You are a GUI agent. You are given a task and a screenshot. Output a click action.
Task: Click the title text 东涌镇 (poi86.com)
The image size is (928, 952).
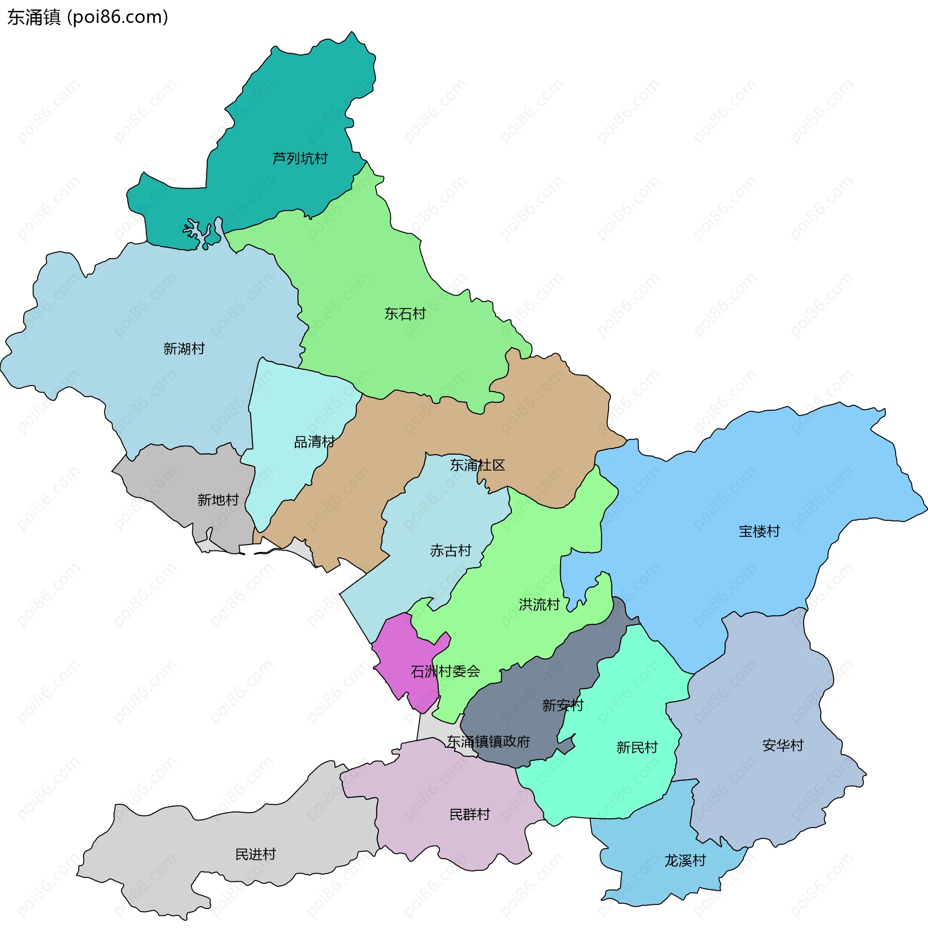(88, 17)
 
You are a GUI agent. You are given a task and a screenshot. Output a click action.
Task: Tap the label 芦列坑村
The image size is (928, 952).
(300, 159)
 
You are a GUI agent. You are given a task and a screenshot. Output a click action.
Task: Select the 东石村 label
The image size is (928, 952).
(405, 313)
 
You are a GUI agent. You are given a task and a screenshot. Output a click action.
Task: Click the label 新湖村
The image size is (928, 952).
(184, 349)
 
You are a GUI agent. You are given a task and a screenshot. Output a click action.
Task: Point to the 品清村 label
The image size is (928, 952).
(314, 442)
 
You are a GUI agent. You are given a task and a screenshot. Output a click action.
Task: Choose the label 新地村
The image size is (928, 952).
(218, 500)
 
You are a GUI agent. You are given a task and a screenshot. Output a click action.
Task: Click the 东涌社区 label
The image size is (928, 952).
(477, 465)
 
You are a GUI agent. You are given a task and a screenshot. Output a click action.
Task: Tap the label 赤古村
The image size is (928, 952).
(451, 550)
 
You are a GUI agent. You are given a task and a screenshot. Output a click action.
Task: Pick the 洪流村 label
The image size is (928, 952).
(539, 605)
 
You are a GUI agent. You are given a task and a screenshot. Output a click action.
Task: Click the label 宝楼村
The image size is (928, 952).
(759, 531)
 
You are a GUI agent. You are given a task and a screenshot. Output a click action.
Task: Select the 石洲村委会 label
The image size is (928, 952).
(446, 672)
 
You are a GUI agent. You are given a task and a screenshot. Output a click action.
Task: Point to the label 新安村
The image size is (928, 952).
(563, 705)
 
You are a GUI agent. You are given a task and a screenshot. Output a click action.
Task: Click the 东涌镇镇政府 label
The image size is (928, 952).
(488, 742)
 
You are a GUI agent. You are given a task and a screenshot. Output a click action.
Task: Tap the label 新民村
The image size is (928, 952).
(637, 748)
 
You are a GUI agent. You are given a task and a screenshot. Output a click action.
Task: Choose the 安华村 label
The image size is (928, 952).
(783, 746)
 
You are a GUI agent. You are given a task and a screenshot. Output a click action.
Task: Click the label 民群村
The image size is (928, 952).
(469, 815)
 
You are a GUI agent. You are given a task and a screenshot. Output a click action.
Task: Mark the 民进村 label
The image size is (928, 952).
(255, 854)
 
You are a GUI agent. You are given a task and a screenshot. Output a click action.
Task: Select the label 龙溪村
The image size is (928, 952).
(685, 861)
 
